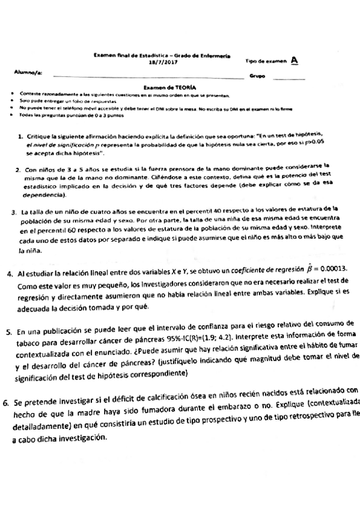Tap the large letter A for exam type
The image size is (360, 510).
294,60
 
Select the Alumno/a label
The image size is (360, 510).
28,72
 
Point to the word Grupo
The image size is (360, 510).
258,76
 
